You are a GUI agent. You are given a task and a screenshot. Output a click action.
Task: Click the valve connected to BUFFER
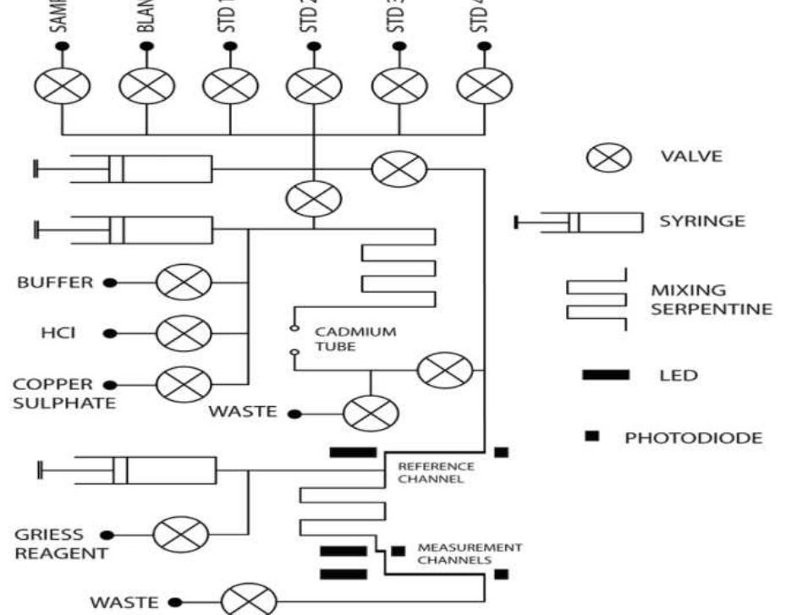pyautogui.click(x=183, y=282)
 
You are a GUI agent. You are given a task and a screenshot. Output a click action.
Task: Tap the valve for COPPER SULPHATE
pyautogui.click(x=183, y=385)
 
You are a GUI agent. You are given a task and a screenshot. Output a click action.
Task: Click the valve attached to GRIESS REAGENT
pyautogui.click(x=180, y=535)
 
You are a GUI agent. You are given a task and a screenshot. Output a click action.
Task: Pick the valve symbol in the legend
pyautogui.click(x=610, y=157)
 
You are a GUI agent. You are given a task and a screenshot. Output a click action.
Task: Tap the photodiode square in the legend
pyautogui.click(x=593, y=435)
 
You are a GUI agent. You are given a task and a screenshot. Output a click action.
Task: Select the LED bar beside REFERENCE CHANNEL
pyautogui.click(x=353, y=453)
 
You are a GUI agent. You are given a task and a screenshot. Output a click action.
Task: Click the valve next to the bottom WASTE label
pyautogui.click(x=248, y=601)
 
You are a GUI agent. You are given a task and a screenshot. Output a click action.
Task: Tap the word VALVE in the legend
pyautogui.click(x=690, y=157)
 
